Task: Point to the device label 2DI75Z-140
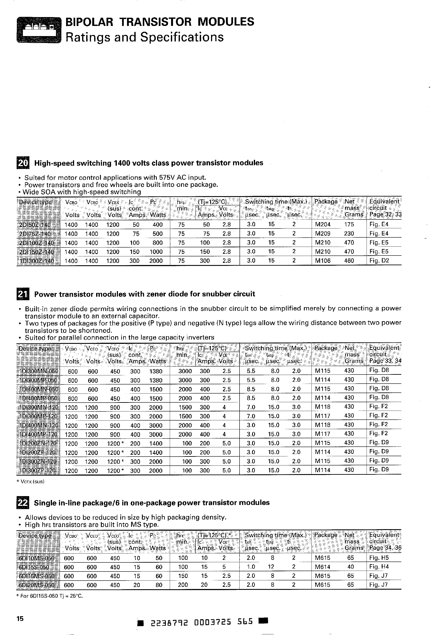pos(38,234)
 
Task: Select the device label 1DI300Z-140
pos(38,261)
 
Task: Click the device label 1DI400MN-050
pos(38,389)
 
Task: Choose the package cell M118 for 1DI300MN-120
pos(323,407)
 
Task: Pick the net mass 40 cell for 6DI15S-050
pos(351,567)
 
